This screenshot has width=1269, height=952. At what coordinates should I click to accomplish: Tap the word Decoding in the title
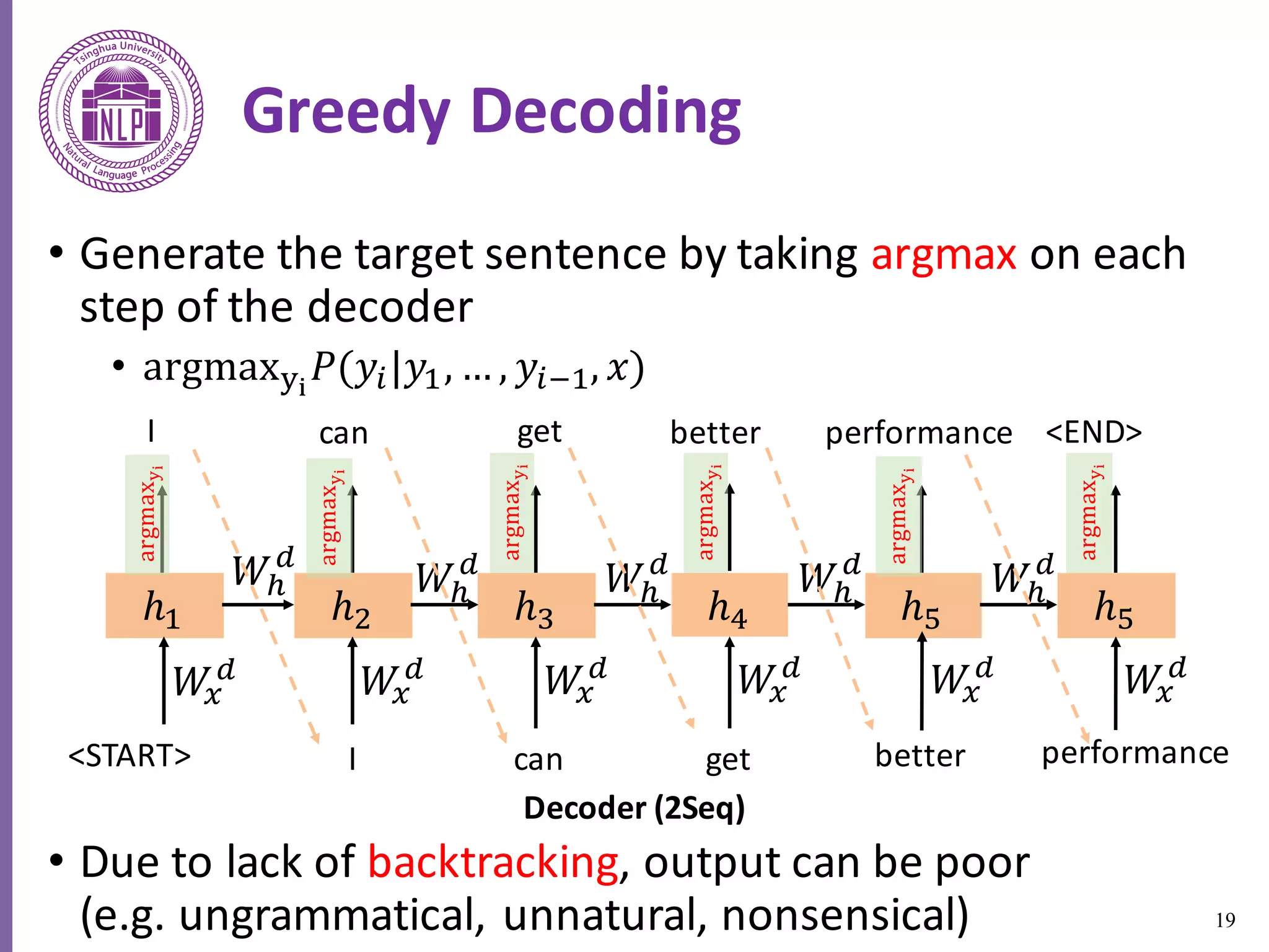click(x=605, y=112)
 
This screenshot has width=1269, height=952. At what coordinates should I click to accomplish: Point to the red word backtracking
click(x=493, y=862)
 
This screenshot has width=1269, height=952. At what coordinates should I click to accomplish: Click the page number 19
click(x=1225, y=920)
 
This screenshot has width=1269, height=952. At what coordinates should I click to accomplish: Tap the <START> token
click(x=130, y=756)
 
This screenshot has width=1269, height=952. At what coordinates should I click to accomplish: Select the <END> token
click(x=1094, y=432)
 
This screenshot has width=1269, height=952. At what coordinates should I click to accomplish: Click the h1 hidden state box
click(x=164, y=606)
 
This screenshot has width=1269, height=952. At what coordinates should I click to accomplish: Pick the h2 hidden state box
click(x=353, y=606)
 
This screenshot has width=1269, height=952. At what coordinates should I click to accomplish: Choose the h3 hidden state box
click(x=536, y=606)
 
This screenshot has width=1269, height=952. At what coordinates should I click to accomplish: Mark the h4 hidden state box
click(x=729, y=606)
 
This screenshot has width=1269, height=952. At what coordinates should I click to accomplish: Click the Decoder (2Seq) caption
click(x=634, y=808)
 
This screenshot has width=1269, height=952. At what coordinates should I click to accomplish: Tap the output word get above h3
click(x=539, y=432)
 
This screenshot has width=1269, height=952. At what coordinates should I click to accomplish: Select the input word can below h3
click(x=538, y=759)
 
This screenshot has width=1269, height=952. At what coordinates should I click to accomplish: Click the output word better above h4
click(x=715, y=432)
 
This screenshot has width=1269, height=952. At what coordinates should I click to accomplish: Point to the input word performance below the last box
click(x=1135, y=754)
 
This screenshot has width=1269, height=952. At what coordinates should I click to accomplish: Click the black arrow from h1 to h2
click(x=258, y=604)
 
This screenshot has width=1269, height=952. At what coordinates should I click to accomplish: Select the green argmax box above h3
click(x=512, y=513)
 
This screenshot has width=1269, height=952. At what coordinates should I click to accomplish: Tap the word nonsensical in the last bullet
click(x=844, y=915)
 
